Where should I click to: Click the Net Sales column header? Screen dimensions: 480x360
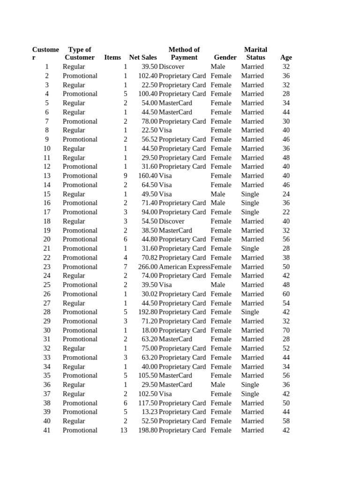[143, 58]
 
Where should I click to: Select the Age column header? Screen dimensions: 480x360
[286, 58]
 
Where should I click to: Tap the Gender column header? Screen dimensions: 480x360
[225, 58]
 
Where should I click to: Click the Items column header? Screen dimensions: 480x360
[112, 58]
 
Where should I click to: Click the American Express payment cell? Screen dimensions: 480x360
[184, 267]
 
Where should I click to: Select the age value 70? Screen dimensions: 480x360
[286, 330]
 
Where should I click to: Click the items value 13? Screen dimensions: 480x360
[123, 430]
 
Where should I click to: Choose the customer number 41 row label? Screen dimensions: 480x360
[47, 430]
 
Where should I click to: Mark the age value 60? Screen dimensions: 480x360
[286, 294]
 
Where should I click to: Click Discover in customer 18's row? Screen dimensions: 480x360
[172, 221]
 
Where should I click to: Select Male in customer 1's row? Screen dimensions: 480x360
[218, 67]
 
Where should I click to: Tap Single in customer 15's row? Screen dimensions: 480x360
[250, 194]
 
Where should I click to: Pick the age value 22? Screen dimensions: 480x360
[286, 212]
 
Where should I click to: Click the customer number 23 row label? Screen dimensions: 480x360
[47, 267]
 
